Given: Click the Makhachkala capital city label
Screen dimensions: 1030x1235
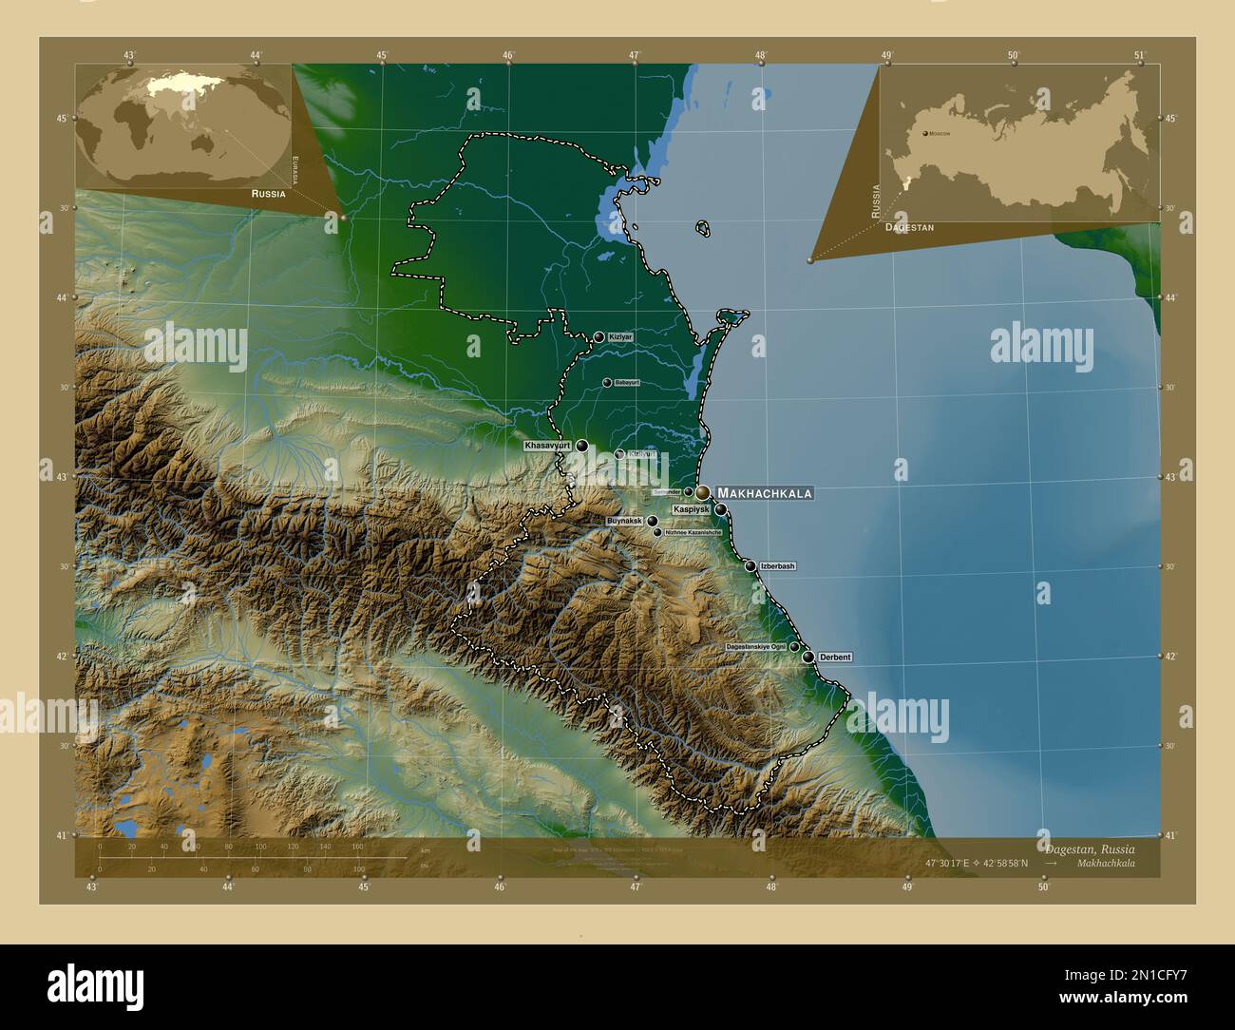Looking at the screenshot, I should [x=765, y=493].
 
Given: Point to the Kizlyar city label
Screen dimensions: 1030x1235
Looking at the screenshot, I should [x=621, y=337].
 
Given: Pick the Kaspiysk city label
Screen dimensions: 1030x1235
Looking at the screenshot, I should [x=692, y=510].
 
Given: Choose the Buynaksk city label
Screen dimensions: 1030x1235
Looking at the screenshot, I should [x=624, y=522].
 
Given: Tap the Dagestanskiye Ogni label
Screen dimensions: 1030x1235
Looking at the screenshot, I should [x=755, y=646].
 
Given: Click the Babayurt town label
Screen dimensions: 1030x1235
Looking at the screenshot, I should [x=627, y=383].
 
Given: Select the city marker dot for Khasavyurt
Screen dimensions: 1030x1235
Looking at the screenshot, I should [x=581, y=445].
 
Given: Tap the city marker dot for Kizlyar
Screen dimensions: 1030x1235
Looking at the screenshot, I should [x=598, y=337].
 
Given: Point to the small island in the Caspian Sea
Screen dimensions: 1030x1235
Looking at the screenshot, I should [x=703, y=228].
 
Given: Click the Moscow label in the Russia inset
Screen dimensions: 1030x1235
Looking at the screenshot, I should [x=940, y=134].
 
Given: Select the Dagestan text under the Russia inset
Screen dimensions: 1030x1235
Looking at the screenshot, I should [x=908, y=228].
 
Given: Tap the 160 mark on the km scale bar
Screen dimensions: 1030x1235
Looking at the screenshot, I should [x=358, y=846].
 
